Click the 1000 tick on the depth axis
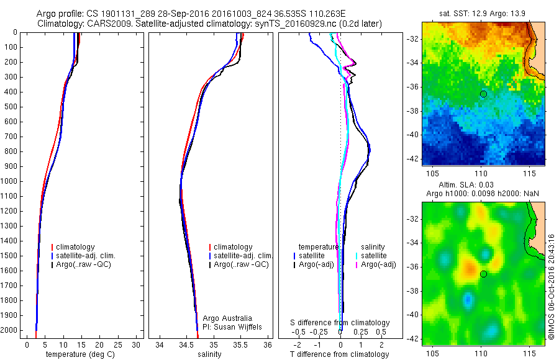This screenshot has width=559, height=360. (11, 181)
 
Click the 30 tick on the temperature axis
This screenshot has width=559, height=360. (137, 344)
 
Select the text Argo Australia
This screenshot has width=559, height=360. (227, 318)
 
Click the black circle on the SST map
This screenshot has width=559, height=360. (483, 94)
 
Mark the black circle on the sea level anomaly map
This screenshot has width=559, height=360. (483, 274)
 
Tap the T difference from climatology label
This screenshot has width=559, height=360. (339, 354)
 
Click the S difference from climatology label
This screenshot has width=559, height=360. (340, 323)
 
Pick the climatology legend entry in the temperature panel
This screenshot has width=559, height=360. (77, 247)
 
